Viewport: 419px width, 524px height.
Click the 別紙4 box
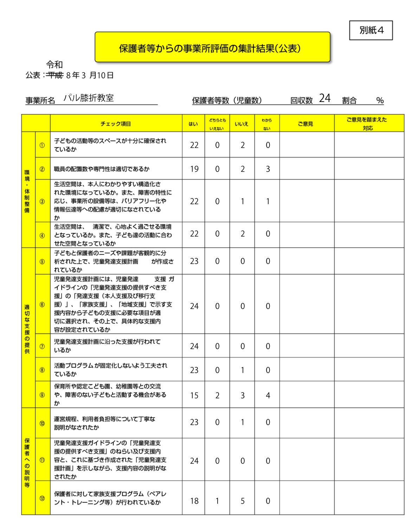[x=371, y=30]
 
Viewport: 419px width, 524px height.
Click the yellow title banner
[x=212, y=47]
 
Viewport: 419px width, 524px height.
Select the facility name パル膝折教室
[x=89, y=98]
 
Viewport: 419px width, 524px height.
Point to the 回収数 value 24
[x=325, y=98]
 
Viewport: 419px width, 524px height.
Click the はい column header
[x=193, y=124]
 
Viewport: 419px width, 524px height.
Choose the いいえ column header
[x=242, y=124]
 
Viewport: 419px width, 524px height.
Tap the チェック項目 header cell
[x=116, y=124]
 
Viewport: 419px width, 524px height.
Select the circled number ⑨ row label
[x=42, y=395]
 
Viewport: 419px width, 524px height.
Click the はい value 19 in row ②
[x=194, y=169]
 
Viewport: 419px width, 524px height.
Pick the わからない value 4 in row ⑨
[x=268, y=396]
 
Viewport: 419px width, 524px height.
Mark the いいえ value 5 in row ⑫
[x=243, y=501]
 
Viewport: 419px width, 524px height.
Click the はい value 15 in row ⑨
[x=194, y=396]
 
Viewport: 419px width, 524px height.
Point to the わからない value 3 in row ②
[x=268, y=169]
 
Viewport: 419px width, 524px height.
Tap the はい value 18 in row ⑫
[x=194, y=501]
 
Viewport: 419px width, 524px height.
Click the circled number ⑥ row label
[x=42, y=305]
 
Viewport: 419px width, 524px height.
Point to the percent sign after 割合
[x=380, y=101]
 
